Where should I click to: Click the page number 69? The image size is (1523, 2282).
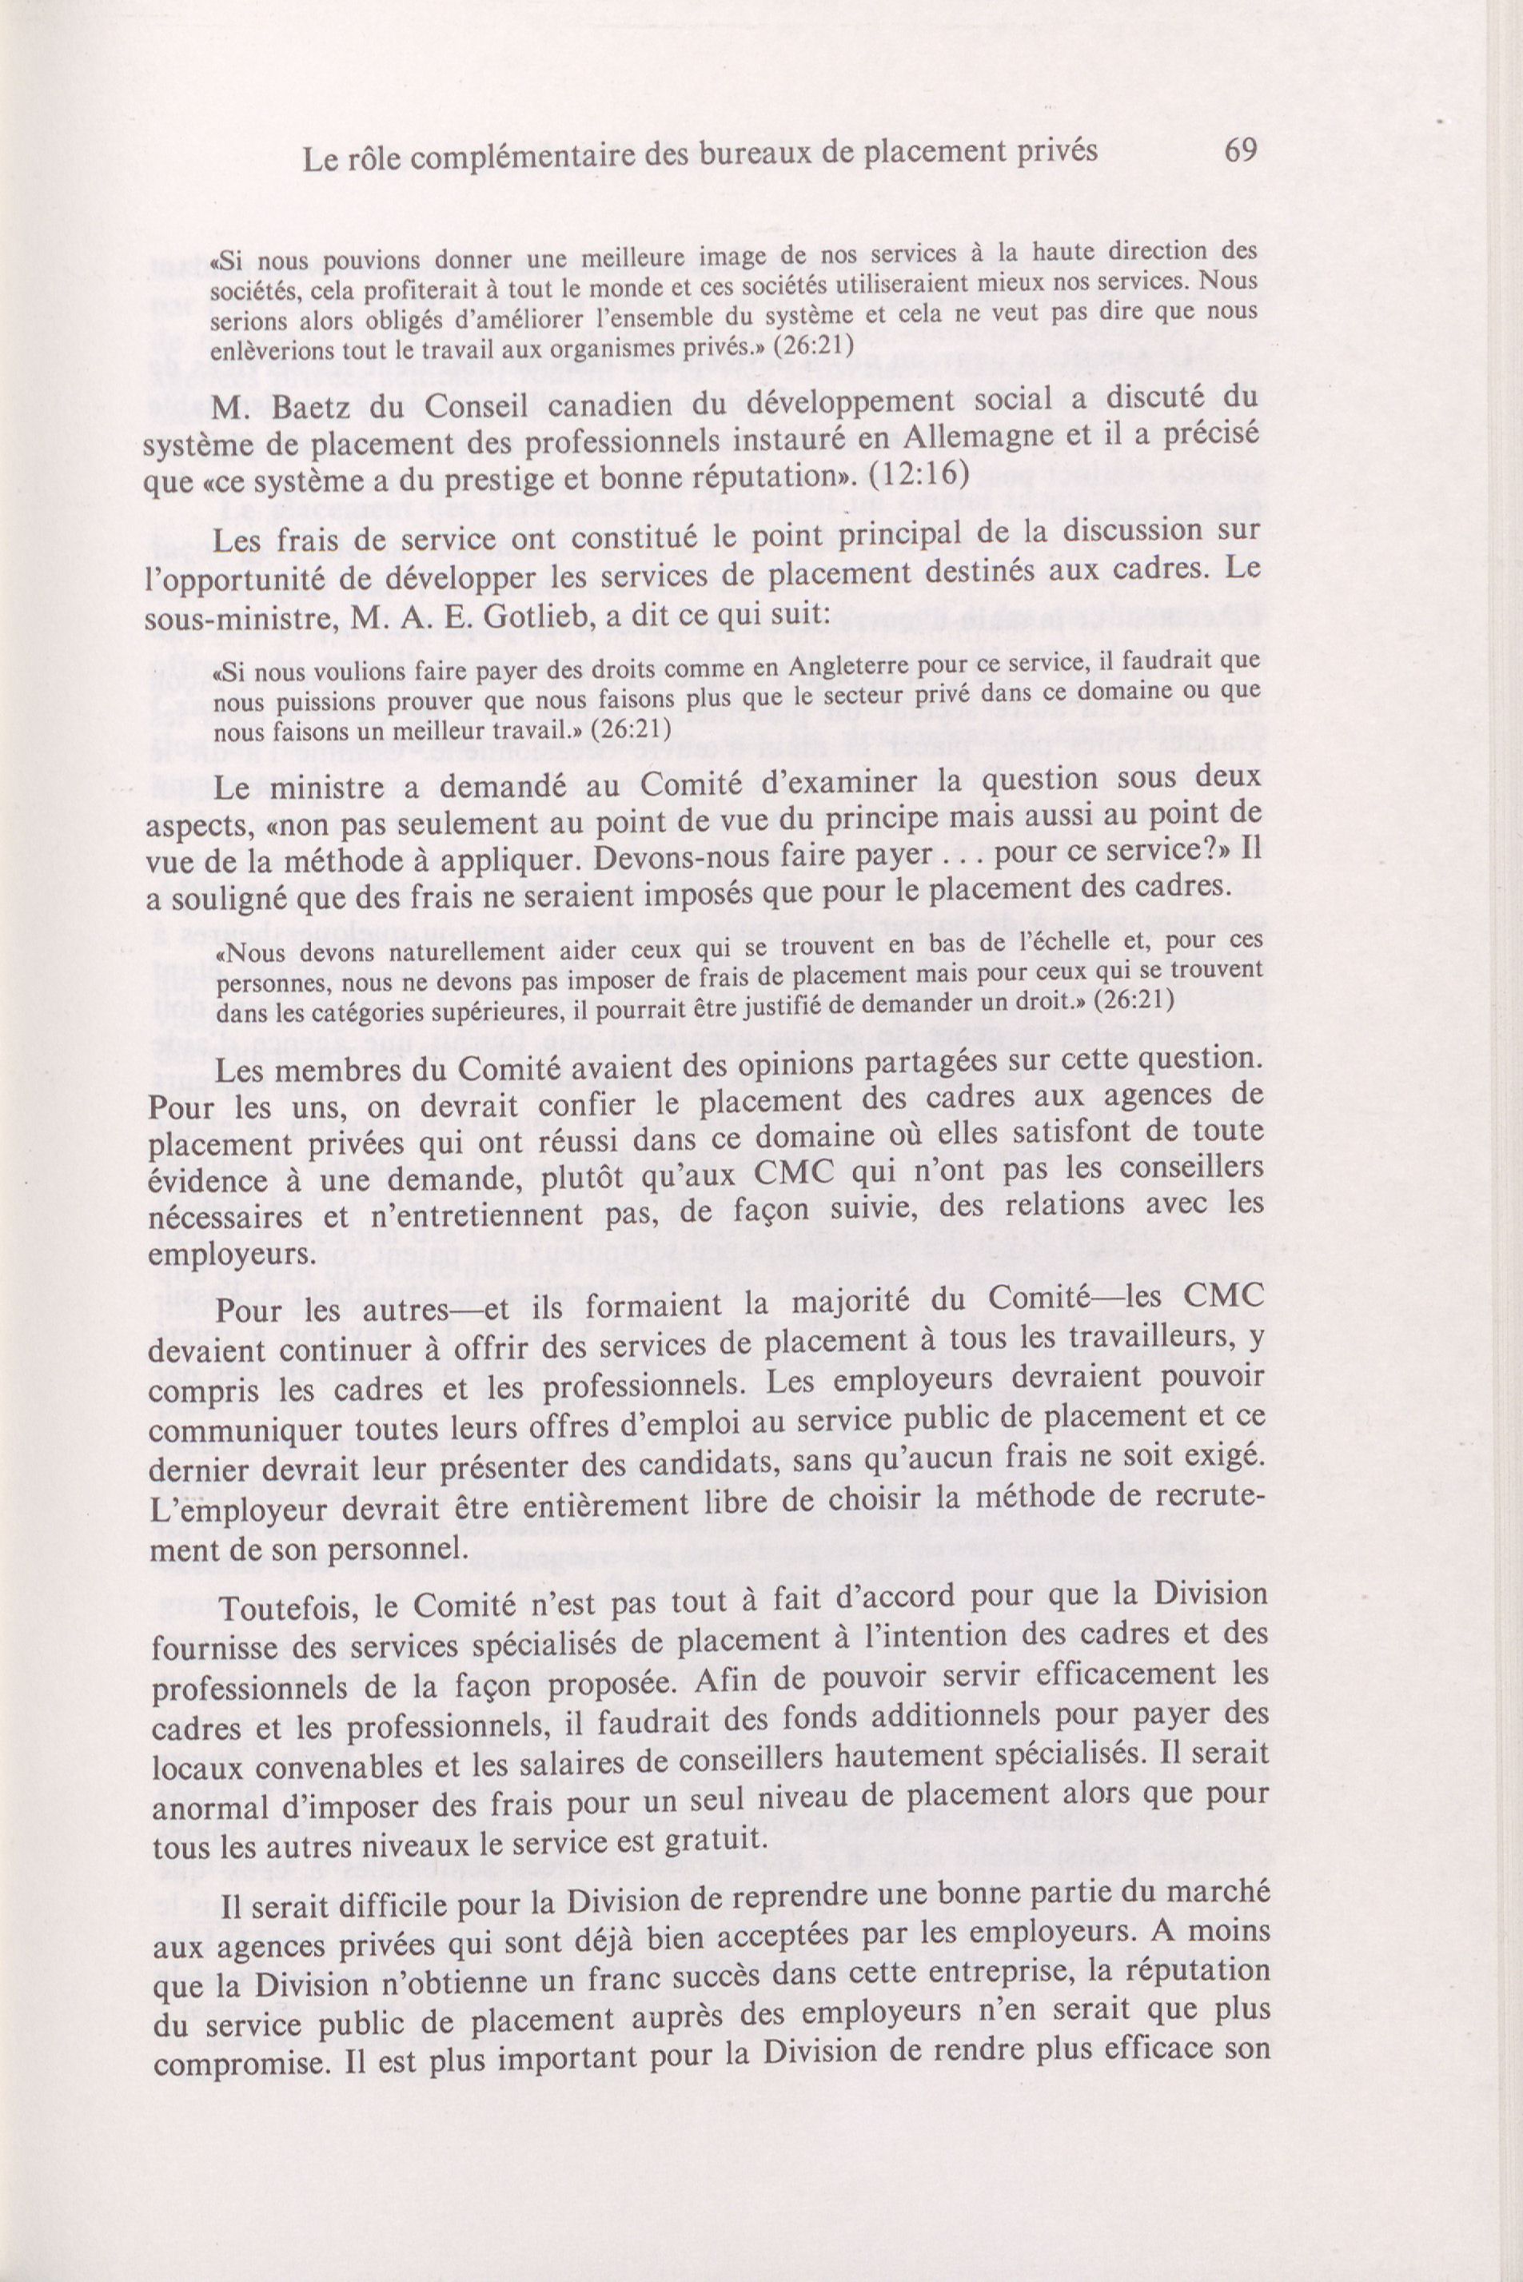(1240, 150)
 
